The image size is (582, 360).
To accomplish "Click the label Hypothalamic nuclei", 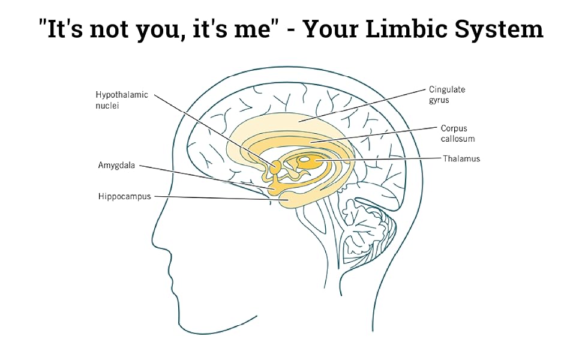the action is (x=122, y=100).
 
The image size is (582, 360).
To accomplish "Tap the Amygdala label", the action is (x=117, y=165).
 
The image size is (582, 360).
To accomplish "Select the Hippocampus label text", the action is (x=125, y=196).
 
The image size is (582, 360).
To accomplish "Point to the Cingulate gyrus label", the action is (x=447, y=95).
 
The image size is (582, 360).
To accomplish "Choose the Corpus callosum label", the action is (x=458, y=133).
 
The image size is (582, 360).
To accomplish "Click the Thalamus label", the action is (x=461, y=159).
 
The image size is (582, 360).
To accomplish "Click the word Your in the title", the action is (x=337, y=28).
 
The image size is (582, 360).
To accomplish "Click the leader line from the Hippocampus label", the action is (x=216, y=197).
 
